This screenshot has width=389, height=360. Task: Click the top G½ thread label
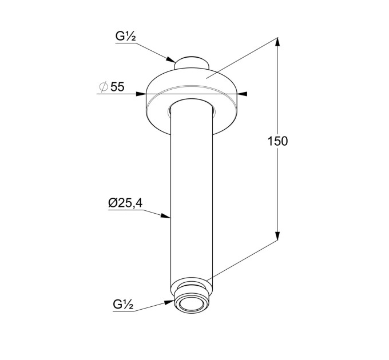[125, 37]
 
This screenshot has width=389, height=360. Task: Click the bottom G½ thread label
[123, 305]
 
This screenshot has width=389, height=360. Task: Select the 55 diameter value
[117, 87]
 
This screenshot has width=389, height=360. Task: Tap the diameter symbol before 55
[104, 87]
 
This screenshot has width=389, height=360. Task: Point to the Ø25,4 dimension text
[125, 203]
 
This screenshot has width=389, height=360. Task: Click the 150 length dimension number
[277, 141]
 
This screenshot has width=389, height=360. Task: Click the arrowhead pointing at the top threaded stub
[170, 59]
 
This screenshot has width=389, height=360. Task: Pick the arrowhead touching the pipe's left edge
[165, 215]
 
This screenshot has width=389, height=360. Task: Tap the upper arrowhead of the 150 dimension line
[277, 42]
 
